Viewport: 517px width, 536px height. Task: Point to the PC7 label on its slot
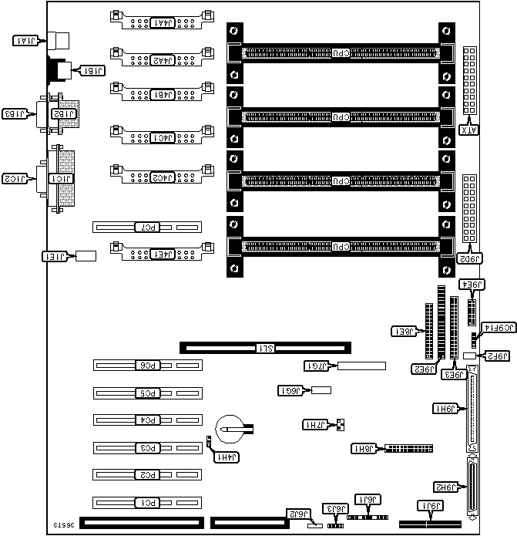(x=147, y=228)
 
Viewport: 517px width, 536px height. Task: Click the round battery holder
(x=230, y=427)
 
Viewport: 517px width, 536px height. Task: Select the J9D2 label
(x=471, y=259)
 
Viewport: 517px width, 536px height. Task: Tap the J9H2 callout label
(x=446, y=487)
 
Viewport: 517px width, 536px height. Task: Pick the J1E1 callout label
(x=56, y=255)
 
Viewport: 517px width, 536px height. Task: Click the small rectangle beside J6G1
(x=321, y=390)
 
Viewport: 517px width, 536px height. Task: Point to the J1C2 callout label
(x=17, y=180)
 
